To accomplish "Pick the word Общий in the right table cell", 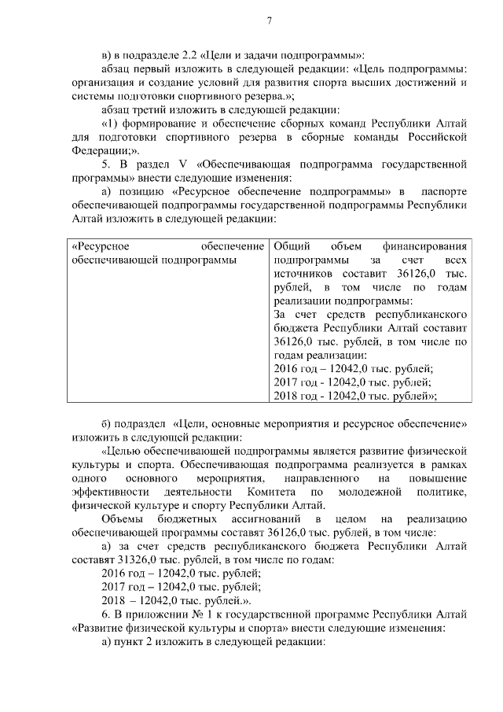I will point(292,246).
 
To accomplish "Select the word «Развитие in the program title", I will point(99,628).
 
